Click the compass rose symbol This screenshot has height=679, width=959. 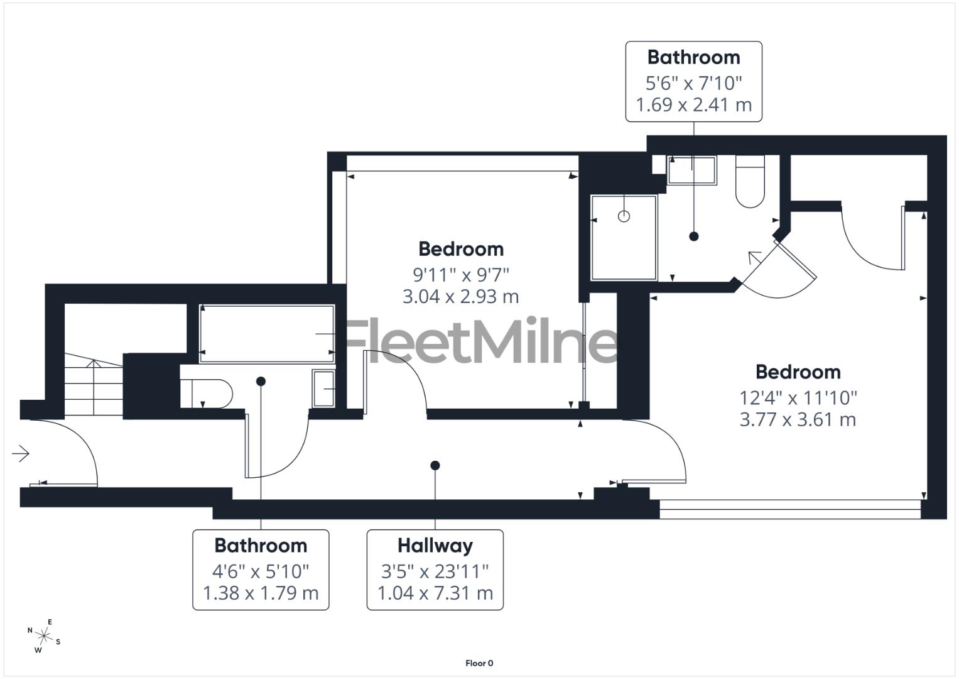(x=43, y=636)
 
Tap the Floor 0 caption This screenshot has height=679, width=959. (x=479, y=663)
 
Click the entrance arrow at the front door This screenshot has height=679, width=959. (x=21, y=453)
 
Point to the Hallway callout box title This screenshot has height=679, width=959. (x=435, y=545)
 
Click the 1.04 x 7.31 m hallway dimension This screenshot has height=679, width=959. (x=435, y=593)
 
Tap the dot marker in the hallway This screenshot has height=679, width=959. (x=435, y=465)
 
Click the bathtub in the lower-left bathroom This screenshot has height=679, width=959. (x=266, y=334)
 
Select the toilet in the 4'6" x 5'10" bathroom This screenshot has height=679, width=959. (x=207, y=393)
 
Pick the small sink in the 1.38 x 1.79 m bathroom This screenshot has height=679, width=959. (x=323, y=389)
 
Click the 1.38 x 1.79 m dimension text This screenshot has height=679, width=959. (x=261, y=593)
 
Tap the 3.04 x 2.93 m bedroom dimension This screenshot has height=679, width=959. (x=460, y=296)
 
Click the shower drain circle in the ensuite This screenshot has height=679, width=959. (x=624, y=216)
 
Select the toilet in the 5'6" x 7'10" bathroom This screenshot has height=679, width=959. (x=749, y=185)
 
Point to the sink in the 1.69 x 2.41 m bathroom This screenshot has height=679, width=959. (x=691, y=170)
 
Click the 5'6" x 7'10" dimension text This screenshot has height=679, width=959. (x=693, y=83)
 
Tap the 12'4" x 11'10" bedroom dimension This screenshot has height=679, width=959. (x=798, y=397)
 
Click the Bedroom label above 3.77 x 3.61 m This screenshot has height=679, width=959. (x=798, y=372)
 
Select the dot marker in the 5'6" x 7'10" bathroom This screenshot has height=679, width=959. (x=693, y=236)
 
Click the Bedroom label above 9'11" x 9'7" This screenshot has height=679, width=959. (x=460, y=249)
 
